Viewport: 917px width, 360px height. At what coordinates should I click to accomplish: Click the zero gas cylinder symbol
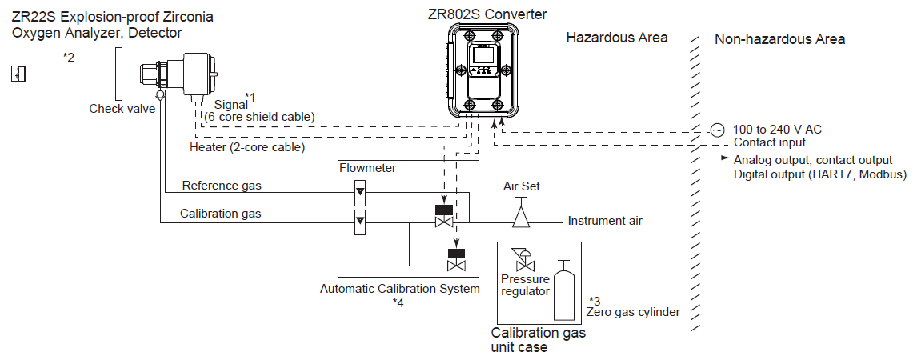564,291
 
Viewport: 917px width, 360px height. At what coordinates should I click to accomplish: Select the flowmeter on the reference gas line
359,192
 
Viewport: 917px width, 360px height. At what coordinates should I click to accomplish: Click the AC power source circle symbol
716,130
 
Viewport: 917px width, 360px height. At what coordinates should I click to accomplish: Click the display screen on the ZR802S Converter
483,56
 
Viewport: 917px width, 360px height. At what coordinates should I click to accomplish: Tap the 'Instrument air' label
605,221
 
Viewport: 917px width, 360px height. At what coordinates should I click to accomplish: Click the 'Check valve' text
122,109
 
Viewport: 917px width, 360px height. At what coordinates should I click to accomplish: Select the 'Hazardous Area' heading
616,38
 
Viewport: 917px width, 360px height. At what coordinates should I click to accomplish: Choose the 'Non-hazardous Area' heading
779,39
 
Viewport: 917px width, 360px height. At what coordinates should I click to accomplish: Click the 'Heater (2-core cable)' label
247,147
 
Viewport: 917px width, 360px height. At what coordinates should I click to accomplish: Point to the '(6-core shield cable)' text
259,117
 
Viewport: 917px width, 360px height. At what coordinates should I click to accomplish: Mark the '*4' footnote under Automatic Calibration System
398,302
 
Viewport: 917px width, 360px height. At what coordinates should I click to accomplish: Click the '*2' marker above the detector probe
70,57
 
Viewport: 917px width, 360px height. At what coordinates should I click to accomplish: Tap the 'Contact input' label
770,142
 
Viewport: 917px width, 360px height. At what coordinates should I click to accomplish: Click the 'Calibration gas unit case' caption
538,340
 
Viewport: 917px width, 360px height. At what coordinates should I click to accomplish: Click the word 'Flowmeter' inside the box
368,168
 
